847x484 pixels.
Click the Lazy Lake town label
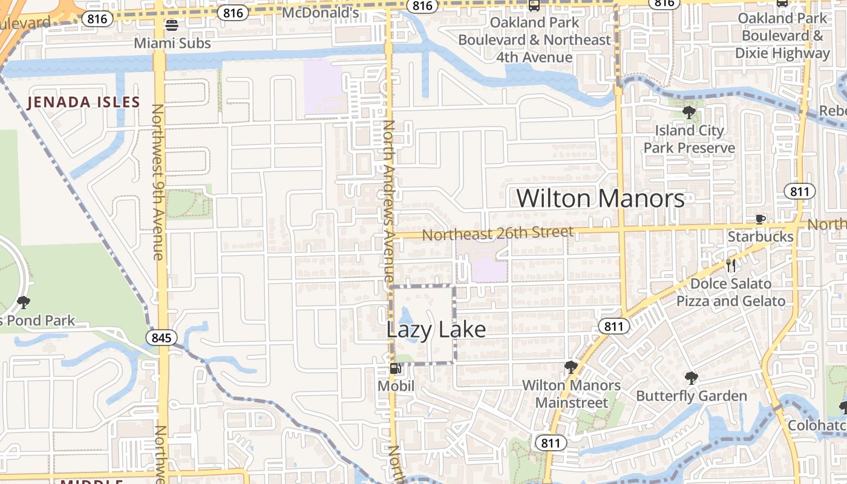coord(436,330)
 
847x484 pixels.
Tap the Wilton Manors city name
coord(600,198)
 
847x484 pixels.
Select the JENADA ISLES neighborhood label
coord(83,102)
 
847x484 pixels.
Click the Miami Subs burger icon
coord(172,25)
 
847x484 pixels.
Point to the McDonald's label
coord(321,12)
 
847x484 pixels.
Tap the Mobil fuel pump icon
coord(396,368)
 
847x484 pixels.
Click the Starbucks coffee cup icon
coord(760,219)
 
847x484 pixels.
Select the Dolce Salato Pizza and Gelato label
coord(730,292)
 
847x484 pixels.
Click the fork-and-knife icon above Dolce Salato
coord(730,265)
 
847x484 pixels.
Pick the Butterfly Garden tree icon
coord(691,378)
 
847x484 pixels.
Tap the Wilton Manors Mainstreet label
coord(571,394)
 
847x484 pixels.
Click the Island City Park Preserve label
coord(689,139)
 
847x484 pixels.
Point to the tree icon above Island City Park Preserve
coord(688,112)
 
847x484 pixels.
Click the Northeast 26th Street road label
coord(497,233)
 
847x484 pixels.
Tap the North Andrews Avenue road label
coord(390,200)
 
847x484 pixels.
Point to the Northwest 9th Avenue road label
coord(158,181)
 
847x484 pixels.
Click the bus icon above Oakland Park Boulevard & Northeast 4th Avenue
coord(534,5)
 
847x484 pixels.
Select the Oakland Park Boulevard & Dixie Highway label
coord(782,36)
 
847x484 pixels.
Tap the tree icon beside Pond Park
coord(24,301)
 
